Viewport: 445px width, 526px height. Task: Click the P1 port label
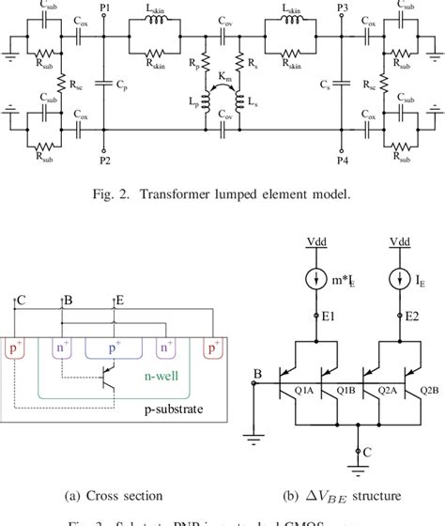click(103, 8)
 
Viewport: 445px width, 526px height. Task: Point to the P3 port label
click(344, 8)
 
